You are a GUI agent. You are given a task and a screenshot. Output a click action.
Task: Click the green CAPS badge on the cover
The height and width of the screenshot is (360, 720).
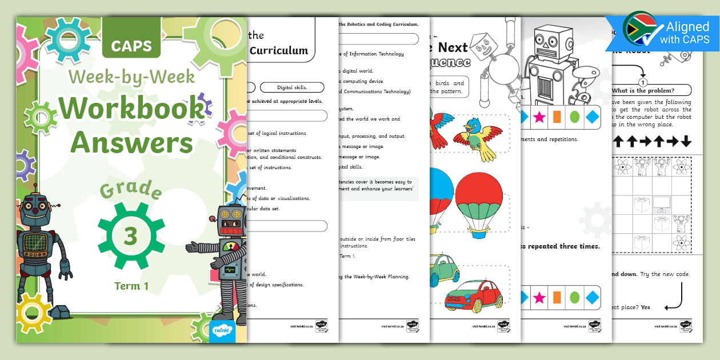pyautogui.click(x=131, y=46)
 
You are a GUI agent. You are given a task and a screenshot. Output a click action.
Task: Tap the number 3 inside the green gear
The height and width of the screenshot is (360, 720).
pyautogui.click(x=131, y=235)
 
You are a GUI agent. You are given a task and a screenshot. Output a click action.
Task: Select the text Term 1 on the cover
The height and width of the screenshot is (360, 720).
pyautogui.click(x=131, y=286)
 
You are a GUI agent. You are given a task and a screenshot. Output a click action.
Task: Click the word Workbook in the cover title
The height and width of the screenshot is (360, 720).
pyautogui.click(x=131, y=109)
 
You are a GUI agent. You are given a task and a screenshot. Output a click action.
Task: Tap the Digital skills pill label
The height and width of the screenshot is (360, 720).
pyautogui.click(x=291, y=87)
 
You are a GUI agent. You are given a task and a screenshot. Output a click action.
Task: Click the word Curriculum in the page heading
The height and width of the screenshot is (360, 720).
pyautogui.click(x=279, y=50)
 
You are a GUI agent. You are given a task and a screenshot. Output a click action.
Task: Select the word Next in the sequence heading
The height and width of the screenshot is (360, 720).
pyautogui.click(x=453, y=47)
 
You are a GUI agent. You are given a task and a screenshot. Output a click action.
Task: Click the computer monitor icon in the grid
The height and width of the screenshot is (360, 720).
pyautogui.click(x=661, y=202)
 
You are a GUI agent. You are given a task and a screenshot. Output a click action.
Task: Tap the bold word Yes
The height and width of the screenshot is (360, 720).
pyautogui.click(x=645, y=307)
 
